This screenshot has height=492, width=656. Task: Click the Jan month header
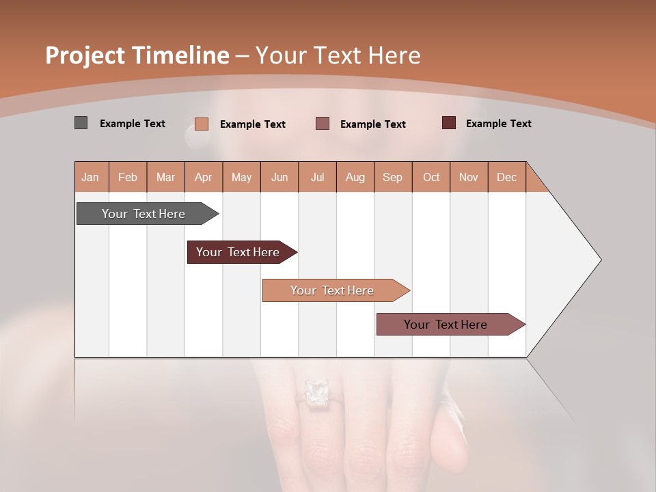tap(90, 177)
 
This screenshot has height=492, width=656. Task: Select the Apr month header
tap(204, 177)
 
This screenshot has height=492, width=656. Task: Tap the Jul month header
tap(317, 177)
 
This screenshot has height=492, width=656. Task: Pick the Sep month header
tap(392, 177)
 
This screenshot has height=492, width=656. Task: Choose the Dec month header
tap(506, 177)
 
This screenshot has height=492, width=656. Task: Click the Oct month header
tap(431, 177)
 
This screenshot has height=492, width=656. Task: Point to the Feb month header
tap(128, 177)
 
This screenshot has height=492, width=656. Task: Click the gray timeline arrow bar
tap(144, 214)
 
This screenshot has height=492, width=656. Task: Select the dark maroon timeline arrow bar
tap(238, 252)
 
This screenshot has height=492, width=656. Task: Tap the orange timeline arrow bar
tap(333, 290)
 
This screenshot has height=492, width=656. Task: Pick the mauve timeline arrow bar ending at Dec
tap(446, 325)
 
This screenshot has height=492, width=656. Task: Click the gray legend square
tap(81, 123)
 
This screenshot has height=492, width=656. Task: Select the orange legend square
tap(201, 124)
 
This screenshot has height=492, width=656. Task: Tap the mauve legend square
tap(323, 124)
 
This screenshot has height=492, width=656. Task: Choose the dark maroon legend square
tap(448, 123)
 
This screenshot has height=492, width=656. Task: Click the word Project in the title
tap(83, 55)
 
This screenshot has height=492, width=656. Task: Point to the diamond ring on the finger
tap(316, 392)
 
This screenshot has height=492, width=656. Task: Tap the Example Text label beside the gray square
tap(133, 124)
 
